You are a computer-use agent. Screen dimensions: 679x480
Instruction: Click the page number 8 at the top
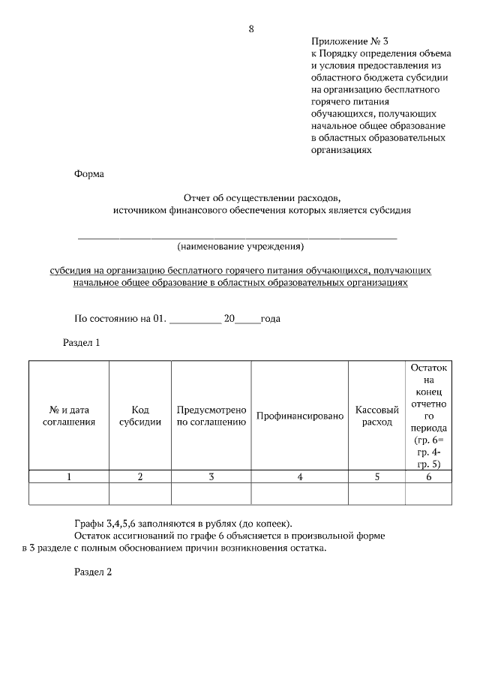coord(251,29)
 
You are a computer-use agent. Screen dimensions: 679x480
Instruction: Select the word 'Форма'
coord(90,174)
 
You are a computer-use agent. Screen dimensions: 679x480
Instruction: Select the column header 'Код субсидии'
coord(140,416)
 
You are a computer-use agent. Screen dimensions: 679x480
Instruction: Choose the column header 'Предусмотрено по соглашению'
coord(211,416)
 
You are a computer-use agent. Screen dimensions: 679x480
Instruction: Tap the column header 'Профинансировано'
coord(300,416)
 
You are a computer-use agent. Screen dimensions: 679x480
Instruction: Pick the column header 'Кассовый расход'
coord(376,416)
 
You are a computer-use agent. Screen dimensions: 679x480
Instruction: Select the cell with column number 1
coord(69,476)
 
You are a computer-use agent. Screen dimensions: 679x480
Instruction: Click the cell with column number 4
coord(300,476)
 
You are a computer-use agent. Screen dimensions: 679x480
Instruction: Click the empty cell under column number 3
coord(211,494)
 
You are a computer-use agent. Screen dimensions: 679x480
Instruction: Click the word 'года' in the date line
coord(271,318)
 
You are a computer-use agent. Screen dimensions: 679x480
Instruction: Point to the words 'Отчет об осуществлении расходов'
coord(262,198)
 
